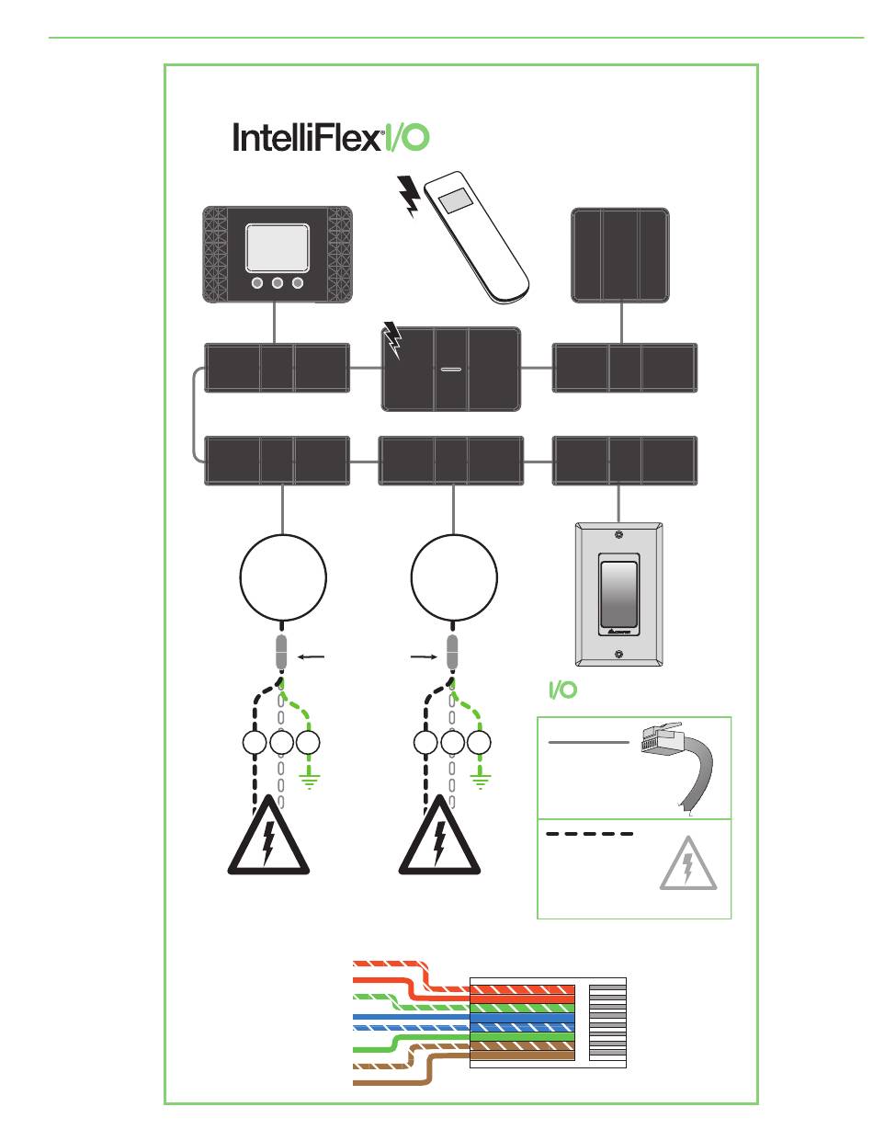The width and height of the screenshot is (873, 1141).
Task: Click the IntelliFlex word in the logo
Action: pos(306,139)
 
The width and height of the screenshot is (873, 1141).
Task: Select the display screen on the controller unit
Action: pos(277,245)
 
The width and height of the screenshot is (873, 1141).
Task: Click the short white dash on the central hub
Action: pos(450,370)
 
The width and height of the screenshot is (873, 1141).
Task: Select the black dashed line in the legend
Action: pos(589,835)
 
